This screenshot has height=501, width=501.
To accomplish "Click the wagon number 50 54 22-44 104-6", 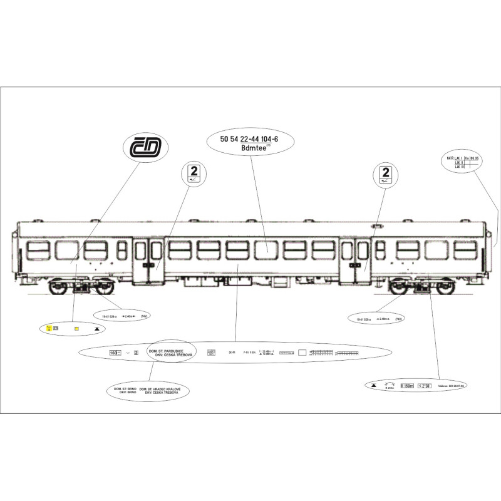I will click(249, 140).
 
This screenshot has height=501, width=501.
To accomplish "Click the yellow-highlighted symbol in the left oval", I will click(49, 328).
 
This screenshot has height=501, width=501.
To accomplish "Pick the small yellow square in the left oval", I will click(76, 328).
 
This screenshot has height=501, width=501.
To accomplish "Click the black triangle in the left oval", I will click(96, 328).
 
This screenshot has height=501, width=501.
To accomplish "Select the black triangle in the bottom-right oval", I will click(374, 386).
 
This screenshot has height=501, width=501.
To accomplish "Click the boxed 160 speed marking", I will click(114, 353).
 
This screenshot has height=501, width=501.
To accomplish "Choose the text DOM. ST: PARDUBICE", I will click(169, 351).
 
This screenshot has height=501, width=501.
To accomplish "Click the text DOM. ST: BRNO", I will click(123, 389).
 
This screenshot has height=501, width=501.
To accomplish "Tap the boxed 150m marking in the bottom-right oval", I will click(407, 386).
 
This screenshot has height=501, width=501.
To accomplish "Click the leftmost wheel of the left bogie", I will click(59, 287).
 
